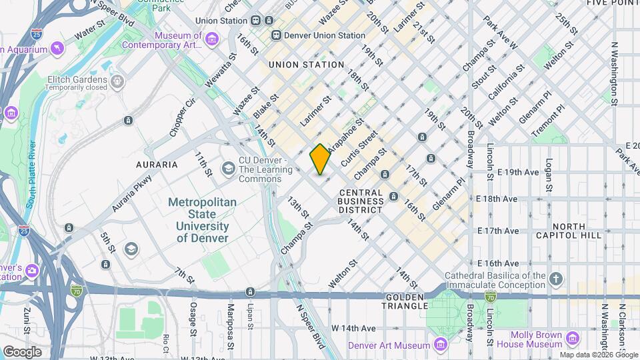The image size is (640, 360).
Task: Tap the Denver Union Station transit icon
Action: (275, 35)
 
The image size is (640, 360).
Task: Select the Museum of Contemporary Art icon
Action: (211, 40)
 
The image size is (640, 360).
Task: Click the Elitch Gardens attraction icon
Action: (118, 82)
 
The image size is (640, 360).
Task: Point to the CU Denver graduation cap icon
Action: (229, 167)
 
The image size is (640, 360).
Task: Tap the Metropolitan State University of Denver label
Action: (202, 214)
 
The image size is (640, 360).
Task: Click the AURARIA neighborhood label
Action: (157, 164)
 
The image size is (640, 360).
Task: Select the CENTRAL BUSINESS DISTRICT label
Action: (360, 201)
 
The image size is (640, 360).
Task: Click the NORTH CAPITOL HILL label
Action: (577, 231)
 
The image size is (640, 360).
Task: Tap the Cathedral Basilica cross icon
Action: (556, 277)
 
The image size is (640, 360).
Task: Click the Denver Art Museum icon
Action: (440, 344)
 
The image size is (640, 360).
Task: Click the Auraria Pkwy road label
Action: (131, 193)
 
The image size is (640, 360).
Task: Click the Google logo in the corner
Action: (22, 351)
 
